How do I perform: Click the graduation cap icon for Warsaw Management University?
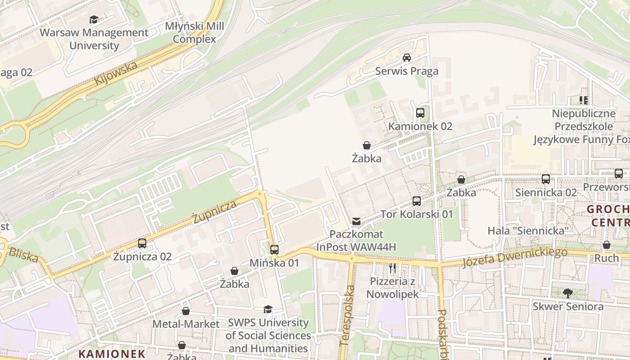pos(94,19)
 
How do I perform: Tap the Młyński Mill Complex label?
pos(194,33)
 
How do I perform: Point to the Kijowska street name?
pos(116,73)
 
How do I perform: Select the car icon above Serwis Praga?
pos(407,57)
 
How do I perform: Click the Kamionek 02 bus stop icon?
pos(420,113)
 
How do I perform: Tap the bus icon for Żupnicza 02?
pos(142,243)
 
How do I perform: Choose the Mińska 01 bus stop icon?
pos(274,249)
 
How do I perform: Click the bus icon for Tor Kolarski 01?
pos(417,201)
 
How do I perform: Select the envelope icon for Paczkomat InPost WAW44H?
pos(356,221)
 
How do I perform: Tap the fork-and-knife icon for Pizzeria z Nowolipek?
pos(392,269)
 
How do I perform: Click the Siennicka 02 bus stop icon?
pos(546,179)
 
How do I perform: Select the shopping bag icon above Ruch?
pos(607,245)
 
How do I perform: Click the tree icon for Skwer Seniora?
pos(568,293)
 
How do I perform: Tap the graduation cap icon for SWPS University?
pos(268,309)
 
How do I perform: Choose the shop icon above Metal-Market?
pos(186,311)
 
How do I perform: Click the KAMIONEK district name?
pos(112,354)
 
